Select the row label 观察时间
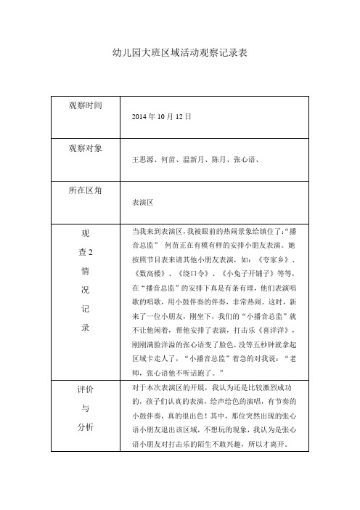85,106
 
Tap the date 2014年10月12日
161,116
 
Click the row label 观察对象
85,147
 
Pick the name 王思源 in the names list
142,158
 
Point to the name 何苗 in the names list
168,158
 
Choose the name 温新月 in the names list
195,158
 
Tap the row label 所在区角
85,189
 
